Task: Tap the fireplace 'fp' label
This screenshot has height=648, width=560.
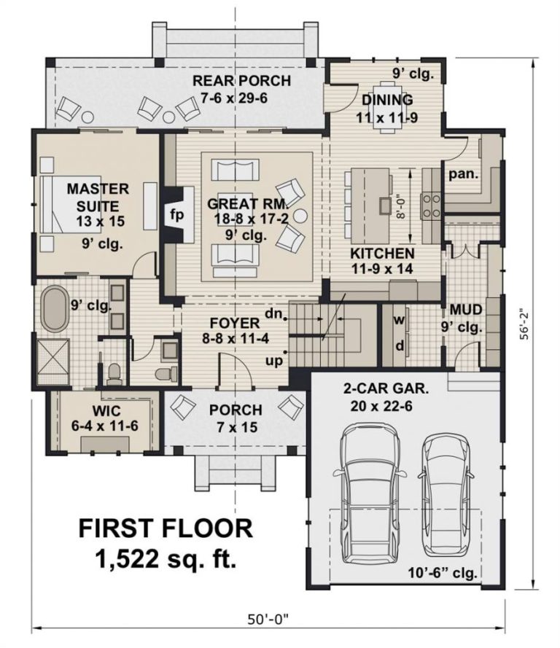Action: [x=177, y=215]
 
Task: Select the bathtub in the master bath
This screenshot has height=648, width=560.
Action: [x=55, y=308]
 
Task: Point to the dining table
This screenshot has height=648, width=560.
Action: [x=387, y=107]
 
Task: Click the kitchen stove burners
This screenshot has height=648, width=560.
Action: [x=431, y=206]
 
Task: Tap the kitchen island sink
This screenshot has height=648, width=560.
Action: [x=385, y=205]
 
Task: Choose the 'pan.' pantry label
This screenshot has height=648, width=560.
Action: [x=464, y=174]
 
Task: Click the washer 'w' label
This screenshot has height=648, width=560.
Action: [x=400, y=319]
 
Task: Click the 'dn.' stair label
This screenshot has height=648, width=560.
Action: [x=273, y=314]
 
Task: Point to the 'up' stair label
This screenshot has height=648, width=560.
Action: [x=274, y=361]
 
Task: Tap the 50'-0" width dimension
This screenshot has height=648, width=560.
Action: [x=268, y=620]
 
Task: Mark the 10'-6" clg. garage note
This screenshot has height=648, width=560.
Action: [x=443, y=573]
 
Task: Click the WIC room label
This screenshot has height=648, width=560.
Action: [x=106, y=411]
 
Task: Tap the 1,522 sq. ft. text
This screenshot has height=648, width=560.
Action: [x=166, y=559]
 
